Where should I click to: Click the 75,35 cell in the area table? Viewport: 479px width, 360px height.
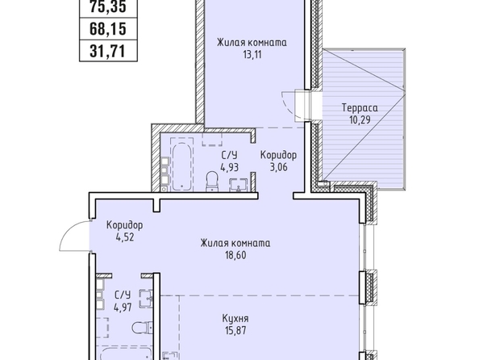(108, 7)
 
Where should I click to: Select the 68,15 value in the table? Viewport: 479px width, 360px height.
(108, 29)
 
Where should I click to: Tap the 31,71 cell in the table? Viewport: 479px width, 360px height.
(108, 51)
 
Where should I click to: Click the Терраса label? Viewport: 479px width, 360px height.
(360, 108)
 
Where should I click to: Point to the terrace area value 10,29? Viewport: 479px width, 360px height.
(360, 119)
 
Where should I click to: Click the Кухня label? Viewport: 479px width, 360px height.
(235, 319)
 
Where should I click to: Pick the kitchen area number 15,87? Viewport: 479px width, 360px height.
(235, 330)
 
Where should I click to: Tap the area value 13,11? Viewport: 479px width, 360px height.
(252, 55)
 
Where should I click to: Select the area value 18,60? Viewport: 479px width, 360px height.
(235, 255)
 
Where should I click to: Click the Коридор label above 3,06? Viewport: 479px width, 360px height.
(278, 155)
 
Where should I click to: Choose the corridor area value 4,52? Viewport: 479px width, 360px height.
(124, 237)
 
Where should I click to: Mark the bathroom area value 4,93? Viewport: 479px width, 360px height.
(229, 167)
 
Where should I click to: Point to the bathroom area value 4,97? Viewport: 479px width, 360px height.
(123, 307)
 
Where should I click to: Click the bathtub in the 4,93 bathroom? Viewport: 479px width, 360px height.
(181, 165)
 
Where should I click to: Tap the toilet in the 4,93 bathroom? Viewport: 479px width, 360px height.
(211, 181)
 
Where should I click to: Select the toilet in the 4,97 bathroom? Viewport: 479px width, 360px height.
(143, 328)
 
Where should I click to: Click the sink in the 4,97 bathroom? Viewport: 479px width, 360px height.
(146, 299)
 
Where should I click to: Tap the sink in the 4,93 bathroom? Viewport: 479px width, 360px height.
(238, 185)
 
